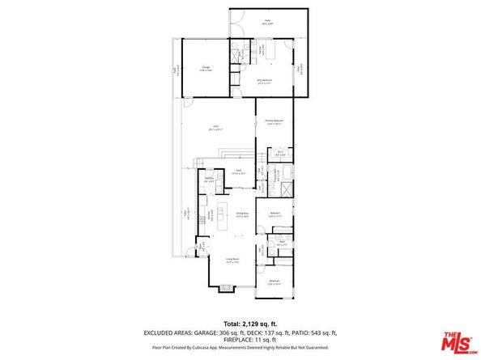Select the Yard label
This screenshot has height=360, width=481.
tap(216, 126)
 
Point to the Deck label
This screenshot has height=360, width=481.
tap(239, 171)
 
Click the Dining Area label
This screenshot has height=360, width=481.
tap(241, 215)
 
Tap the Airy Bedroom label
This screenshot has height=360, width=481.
tap(264, 81)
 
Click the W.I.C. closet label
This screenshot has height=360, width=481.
tap(279, 152)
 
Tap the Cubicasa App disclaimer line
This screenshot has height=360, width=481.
tap(240, 351)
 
